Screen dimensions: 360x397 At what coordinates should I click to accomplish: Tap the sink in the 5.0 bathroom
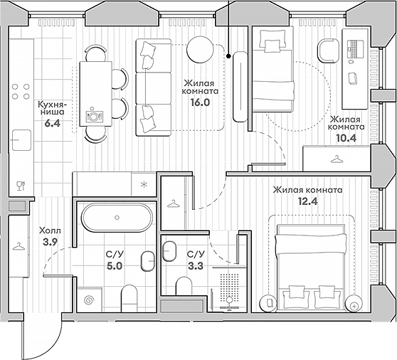pyautogui.click(x=147, y=262)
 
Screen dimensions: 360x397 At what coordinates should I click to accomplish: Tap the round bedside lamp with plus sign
pyautogui.click(x=354, y=306)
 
